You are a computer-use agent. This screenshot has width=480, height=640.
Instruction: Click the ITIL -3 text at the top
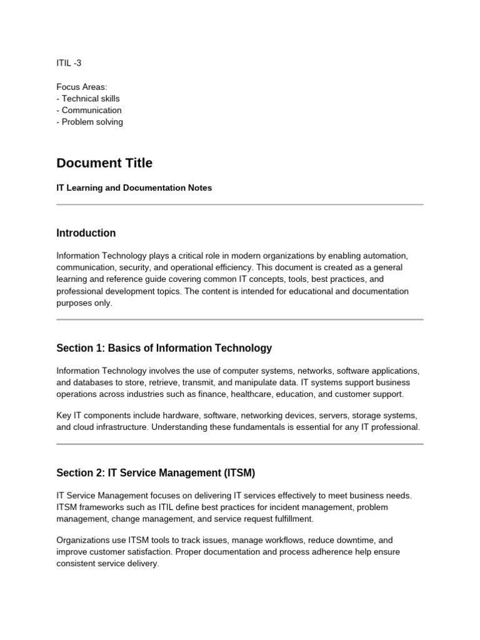click(x=69, y=63)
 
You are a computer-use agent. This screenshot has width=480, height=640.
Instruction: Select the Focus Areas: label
click(x=81, y=87)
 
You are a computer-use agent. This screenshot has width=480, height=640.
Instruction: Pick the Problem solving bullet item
click(x=90, y=122)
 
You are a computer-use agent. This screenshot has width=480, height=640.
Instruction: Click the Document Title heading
click(x=104, y=163)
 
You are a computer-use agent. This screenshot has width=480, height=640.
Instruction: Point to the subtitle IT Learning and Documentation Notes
click(x=134, y=187)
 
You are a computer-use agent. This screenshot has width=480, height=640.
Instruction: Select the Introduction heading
click(x=86, y=233)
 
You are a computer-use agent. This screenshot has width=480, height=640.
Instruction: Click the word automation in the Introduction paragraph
click(x=386, y=256)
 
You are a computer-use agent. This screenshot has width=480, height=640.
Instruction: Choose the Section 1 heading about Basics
click(x=164, y=348)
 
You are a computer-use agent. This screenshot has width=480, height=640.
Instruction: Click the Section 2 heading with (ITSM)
click(x=156, y=473)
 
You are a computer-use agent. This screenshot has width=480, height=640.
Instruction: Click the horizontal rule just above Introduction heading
click(x=240, y=204)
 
